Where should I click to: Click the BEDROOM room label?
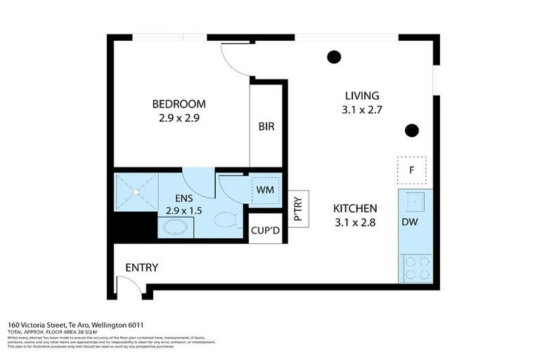(x=179, y=104)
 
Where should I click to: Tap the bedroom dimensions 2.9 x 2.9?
(x=179, y=118)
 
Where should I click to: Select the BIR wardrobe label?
(x=266, y=127)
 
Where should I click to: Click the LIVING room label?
(x=361, y=96)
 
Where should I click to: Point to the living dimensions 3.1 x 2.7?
(x=361, y=109)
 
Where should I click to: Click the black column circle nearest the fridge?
(x=412, y=130)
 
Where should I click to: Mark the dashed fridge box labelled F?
(x=412, y=170)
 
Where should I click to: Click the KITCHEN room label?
(x=355, y=209)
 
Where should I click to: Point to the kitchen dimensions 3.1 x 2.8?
(x=355, y=223)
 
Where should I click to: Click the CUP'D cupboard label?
(x=265, y=230)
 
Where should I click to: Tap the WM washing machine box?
(x=266, y=190)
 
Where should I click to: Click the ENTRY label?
(x=141, y=268)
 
